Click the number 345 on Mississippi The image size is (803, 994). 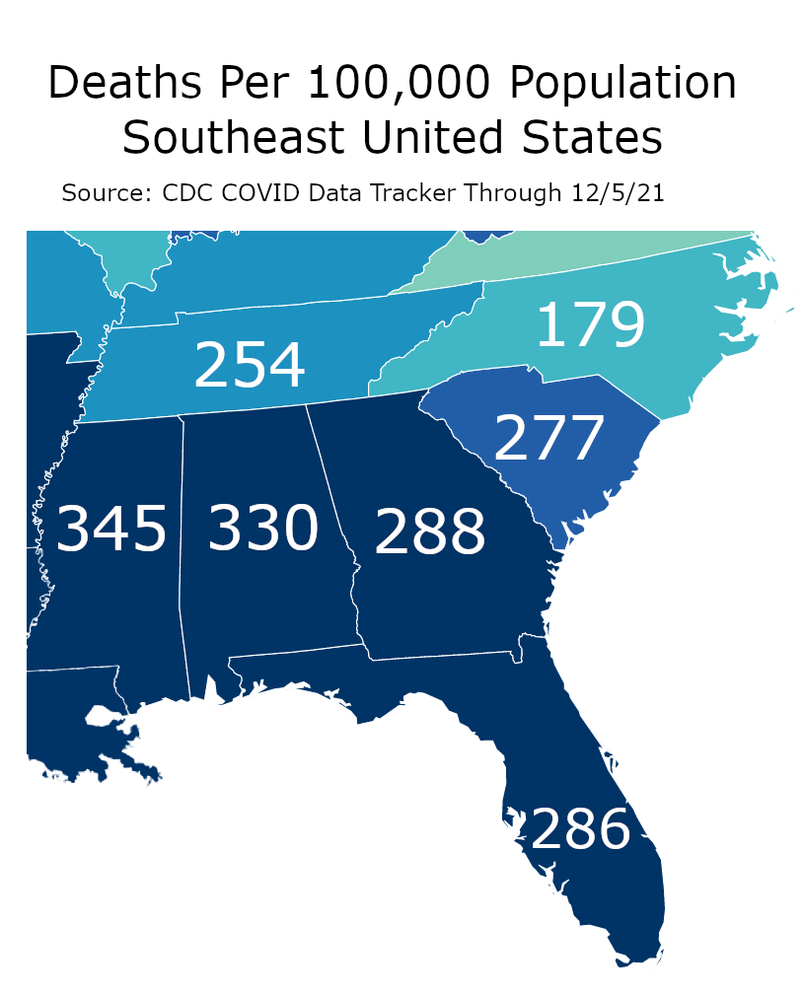click(x=111, y=530)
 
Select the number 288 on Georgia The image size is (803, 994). click(x=430, y=532)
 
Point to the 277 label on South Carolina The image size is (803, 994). click(x=548, y=439)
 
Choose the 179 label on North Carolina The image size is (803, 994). click(x=590, y=325)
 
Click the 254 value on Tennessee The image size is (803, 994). click(x=250, y=366)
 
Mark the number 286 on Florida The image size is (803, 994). click(x=580, y=829)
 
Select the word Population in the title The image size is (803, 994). click(x=632, y=85)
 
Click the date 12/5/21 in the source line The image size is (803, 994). click(x=619, y=192)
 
